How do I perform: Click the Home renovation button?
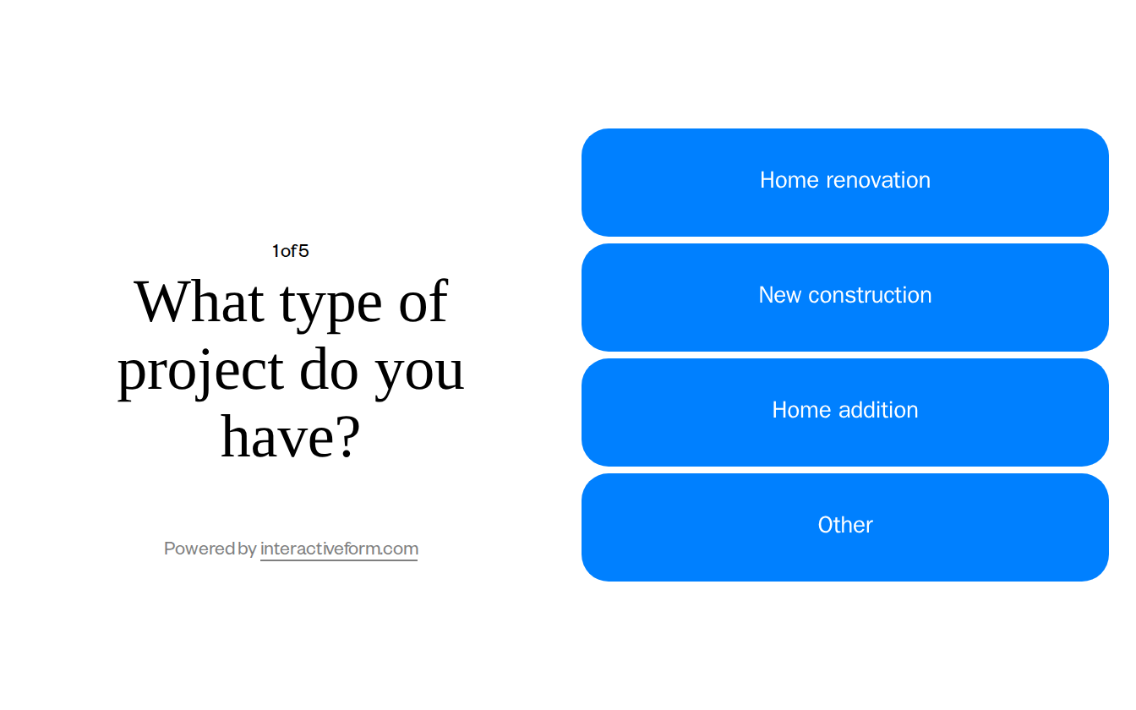(x=844, y=183)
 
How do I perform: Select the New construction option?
(x=844, y=298)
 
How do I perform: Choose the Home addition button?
(x=844, y=412)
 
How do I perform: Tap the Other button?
(x=844, y=527)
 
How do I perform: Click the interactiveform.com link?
(x=339, y=549)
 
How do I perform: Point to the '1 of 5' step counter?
(x=290, y=251)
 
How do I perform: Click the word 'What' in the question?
(x=199, y=302)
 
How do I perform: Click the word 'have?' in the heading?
(x=290, y=437)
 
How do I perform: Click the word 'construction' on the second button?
(x=870, y=295)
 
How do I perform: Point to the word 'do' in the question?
(x=330, y=369)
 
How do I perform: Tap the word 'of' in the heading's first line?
(x=423, y=302)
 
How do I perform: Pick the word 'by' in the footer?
(x=248, y=549)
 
